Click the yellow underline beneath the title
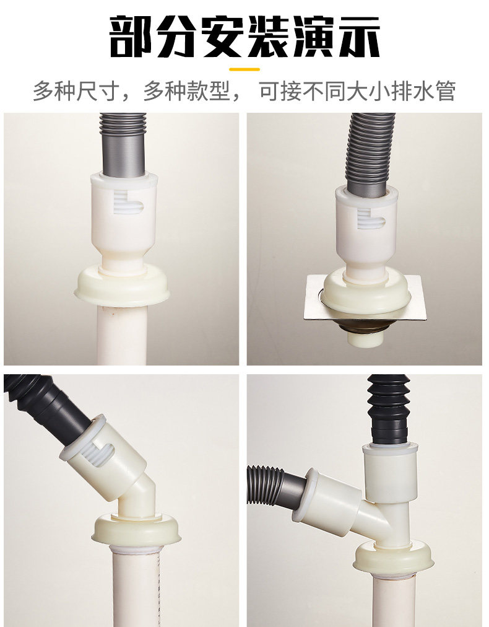pyautogui.click(x=244, y=69)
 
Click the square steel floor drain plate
pyautogui.click(x=365, y=297)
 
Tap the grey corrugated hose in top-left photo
pyautogui.click(x=123, y=145)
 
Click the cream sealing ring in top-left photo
pyautogui.click(x=122, y=286)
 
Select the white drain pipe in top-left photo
pyautogui.click(x=123, y=335)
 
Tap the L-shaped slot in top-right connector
pyautogui.click(x=370, y=218)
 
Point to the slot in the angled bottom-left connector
pyautogui.click(x=100, y=454)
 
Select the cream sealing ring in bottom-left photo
pyautogui.click(x=136, y=530)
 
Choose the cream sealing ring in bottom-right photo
pyautogui.click(x=394, y=556)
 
